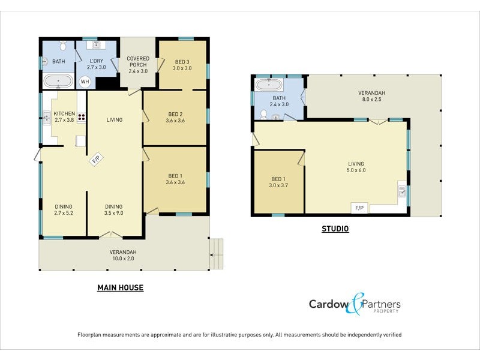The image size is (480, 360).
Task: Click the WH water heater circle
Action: point(85,82)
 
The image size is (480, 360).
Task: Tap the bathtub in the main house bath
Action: point(58,81)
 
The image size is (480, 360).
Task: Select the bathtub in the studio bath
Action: point(269,85)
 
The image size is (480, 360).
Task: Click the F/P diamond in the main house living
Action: point(96,160)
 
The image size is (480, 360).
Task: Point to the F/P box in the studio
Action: point(359,208)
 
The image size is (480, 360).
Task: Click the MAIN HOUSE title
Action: point(120,288)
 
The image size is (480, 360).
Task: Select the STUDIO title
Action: point(335,229)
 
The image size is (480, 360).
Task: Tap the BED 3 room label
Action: point(182,62)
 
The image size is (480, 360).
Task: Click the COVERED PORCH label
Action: point(138,62)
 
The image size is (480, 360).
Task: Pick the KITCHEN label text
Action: point(64,113)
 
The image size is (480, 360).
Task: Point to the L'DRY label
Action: point(97,62)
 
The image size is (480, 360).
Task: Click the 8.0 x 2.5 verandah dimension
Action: point(371,100)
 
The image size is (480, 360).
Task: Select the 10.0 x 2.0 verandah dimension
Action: point(123,259)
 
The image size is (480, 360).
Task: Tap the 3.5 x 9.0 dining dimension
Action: point(114,214)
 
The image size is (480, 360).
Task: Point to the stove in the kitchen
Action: point(81,118)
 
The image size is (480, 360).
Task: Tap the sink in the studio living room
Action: point(401,193)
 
